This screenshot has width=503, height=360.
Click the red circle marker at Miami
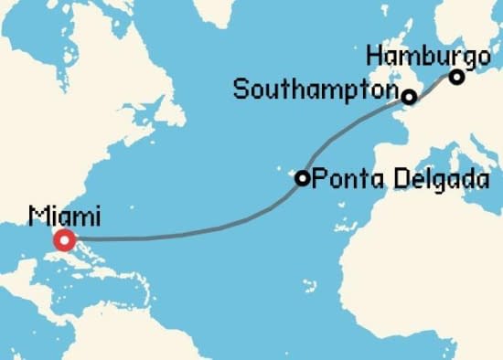pyautogui.click(x=64, y=240)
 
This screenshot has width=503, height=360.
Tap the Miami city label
pyautogui.click(x=65, y=217)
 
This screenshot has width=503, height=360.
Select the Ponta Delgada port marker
pyautogui.click(x=302, y=178)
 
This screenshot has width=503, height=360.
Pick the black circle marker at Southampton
pyautogui.click(x=409, y=96)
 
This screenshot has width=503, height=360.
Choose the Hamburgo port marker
pyautogui.click(x=455, y=77)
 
